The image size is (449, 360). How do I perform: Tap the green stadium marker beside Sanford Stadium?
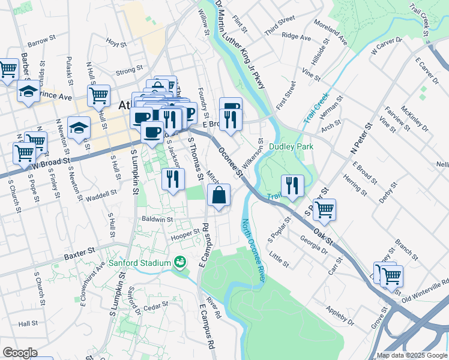click(179, 262)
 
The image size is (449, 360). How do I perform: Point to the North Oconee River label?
click(253, 251)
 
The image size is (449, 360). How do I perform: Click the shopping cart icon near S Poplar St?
click(324, 209)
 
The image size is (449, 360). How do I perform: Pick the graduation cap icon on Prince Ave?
click(28, 92)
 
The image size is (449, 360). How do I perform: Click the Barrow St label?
click(41, 42)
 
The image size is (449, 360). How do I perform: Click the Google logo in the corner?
click(20, 352)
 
